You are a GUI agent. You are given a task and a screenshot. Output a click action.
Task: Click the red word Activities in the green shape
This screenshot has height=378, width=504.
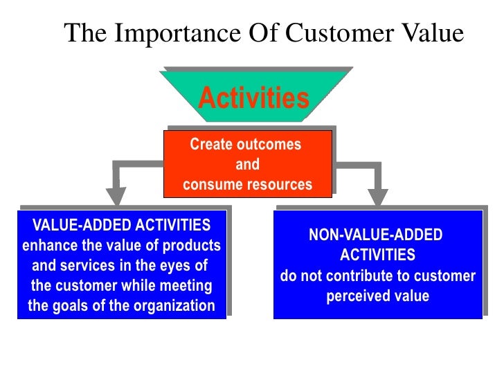[x=253, y=98]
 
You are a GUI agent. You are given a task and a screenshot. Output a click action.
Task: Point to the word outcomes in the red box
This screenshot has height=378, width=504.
[x=269, y=145]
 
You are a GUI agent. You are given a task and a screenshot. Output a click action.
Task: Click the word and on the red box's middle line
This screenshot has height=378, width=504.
[x=247, y=165]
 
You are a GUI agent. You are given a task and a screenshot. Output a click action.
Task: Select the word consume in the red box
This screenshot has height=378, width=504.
[x=210, y=185]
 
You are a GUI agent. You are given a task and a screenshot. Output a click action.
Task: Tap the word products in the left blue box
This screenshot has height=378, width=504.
[x=193, y=245]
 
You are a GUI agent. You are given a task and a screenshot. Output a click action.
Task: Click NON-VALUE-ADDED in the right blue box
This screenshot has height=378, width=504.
[x=375, y=235]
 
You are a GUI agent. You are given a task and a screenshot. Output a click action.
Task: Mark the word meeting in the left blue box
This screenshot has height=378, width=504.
[x=187, y=285]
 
